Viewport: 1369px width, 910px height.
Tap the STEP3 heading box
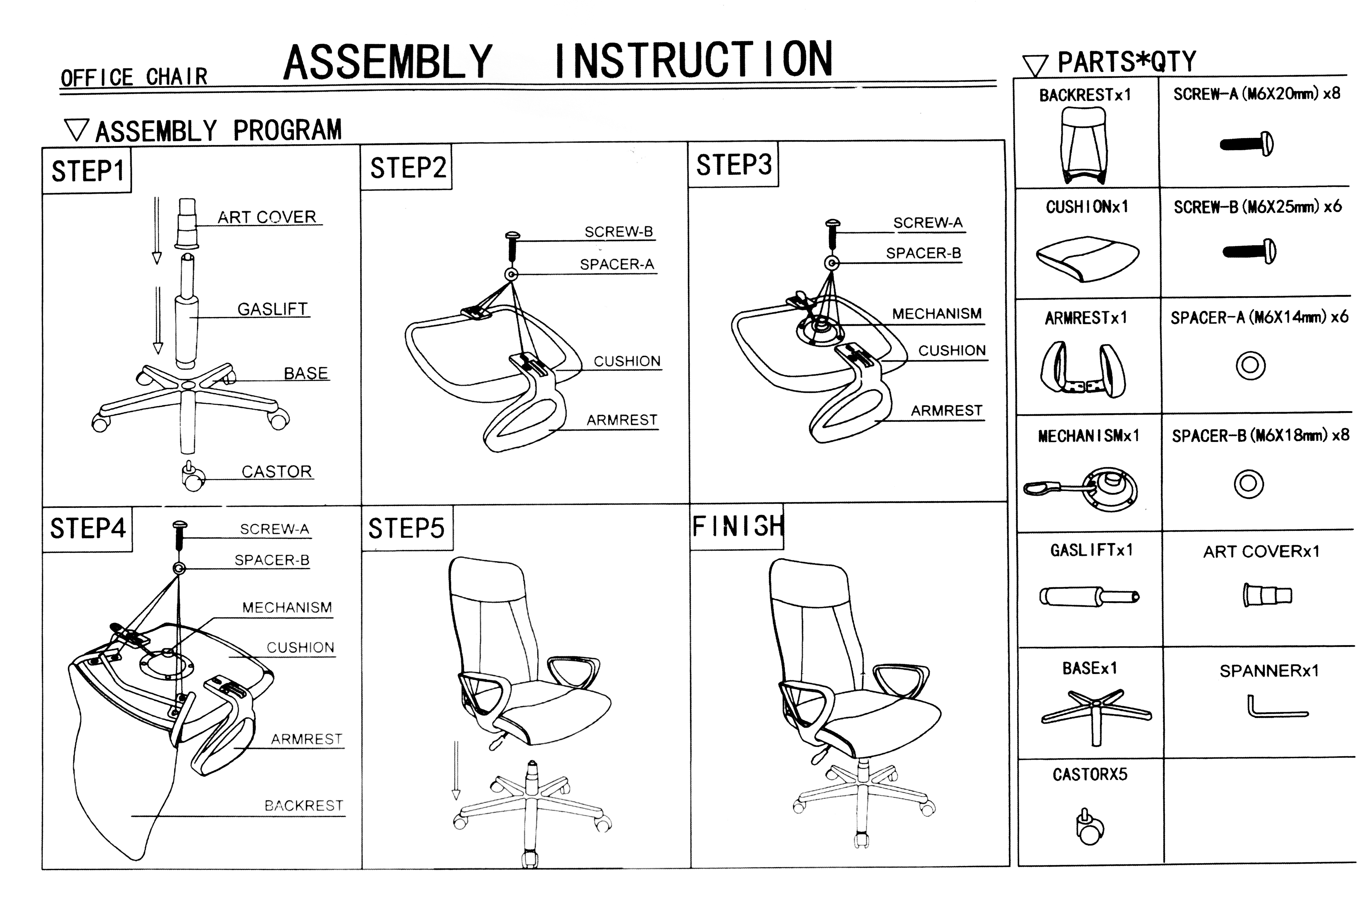coord(734,165)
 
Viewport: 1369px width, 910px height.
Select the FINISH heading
coord(737,527)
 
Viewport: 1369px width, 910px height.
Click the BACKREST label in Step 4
coord(303,805)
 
